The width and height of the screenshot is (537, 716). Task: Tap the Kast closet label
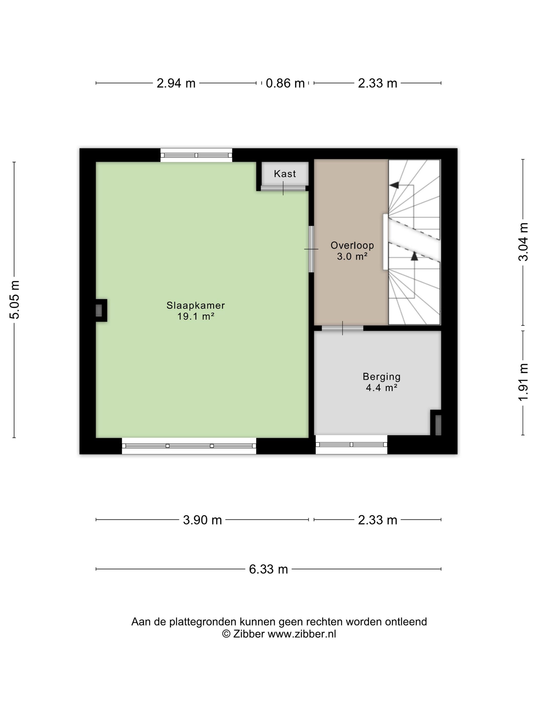point(285,174)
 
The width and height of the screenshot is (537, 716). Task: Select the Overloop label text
point(352,245)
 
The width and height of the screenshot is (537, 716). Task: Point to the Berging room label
point(382,377)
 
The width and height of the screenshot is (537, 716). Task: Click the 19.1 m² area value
point(196,316)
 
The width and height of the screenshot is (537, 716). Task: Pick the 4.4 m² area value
point(382,387)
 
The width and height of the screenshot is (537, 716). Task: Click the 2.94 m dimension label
point(176,83)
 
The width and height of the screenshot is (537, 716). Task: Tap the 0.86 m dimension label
point(285,83)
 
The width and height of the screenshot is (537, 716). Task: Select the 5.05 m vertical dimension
point(15,300)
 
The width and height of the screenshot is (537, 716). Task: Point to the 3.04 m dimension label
point(523,242)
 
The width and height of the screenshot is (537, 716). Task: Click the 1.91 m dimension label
point(523,382)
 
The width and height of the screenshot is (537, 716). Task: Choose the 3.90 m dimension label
point(202,520)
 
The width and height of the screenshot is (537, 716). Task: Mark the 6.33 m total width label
point(268,569)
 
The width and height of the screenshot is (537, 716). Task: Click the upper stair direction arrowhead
point(394,185)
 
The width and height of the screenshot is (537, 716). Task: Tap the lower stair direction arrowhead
point(414,256)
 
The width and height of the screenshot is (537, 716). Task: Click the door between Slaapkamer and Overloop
point(311,249)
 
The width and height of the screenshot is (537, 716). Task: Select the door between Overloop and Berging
point(342,328)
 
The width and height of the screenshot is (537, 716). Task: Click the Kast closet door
point(283,188)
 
